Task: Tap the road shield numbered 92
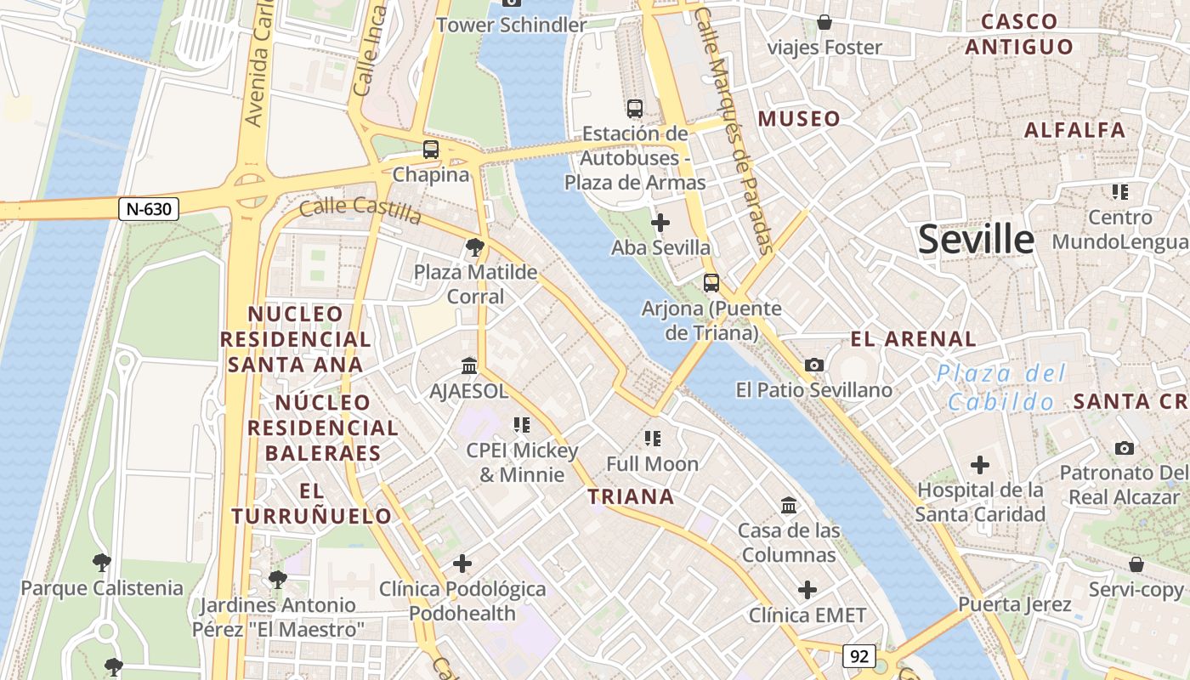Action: (x=859, y=656)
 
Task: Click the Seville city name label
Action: (x=976, y=240)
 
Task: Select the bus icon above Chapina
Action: (x=431, y=150)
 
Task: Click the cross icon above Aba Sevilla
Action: (x=660, y=224)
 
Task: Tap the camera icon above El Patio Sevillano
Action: (x=814, y=365)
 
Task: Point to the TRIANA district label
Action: (x=632, y=497)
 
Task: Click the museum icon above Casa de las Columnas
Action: (x=789, y=506)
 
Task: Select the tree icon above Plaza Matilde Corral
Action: (x=475, y=247)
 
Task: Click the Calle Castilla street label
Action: (x=360, y=210)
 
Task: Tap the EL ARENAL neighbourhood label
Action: (x=914, y=339)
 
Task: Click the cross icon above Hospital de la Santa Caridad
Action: (x=980, y=465)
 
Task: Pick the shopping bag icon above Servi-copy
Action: (x=1136, y=564)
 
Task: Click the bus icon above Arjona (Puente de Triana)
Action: (x=711, y=283)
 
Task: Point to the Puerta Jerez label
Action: (x=1014, y=605)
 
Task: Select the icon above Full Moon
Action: (x=652, y=439)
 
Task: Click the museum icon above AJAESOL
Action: (x=468, y=366)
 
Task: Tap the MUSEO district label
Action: (x=799, y=119)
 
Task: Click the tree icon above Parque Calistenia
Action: (x=102, y=563)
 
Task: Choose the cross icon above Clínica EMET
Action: (x=807, y=590)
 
